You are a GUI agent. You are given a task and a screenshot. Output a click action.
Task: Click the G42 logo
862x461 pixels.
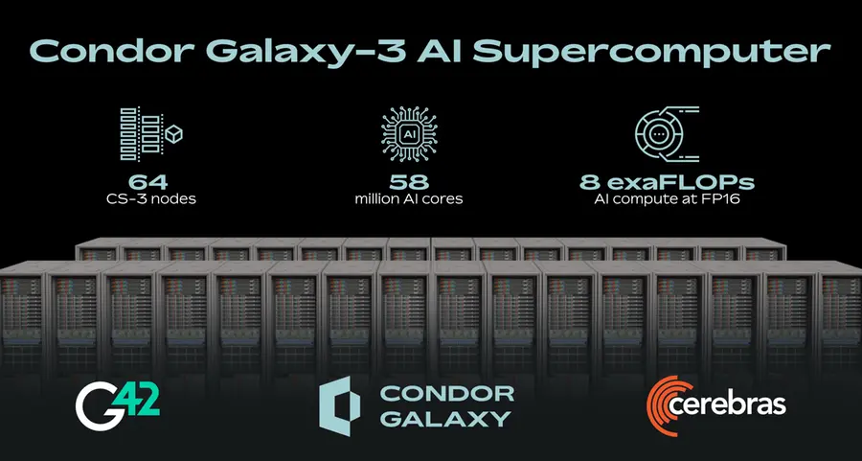[118, 403]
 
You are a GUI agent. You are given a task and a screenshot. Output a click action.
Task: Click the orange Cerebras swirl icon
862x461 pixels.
[668, 402]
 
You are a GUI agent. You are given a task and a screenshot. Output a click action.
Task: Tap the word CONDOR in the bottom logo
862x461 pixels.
[446, 392]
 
